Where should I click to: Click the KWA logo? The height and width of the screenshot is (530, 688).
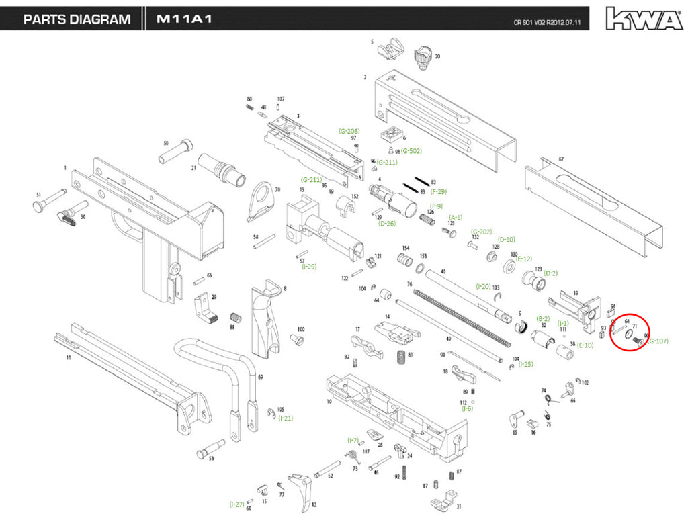pos(644,18)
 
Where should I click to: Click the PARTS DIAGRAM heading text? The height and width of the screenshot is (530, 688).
pos(77,19)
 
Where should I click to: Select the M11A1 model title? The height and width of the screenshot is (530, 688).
pos(184,19)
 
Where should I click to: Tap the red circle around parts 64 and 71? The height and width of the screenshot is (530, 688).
pos(630,333)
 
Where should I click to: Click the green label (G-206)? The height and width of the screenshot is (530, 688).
pos(349,131)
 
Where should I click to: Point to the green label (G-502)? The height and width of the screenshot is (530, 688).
pos(412,151)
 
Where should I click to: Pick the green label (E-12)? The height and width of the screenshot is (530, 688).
pos(524,259)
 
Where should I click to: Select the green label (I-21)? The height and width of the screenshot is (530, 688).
pos(286,418)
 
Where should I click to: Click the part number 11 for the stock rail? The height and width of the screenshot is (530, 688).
pos(68,359)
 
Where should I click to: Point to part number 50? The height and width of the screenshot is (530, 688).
pos(165,143)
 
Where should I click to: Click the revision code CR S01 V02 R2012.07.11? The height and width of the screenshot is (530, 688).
pos(547,22)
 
